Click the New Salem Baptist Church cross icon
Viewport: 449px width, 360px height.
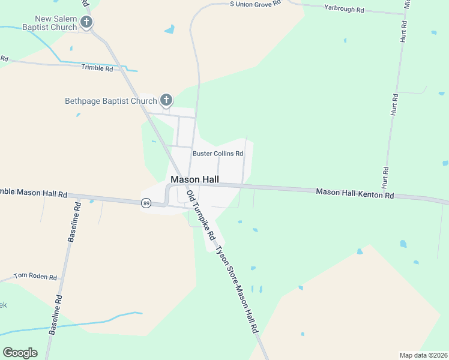[x=86, y=23]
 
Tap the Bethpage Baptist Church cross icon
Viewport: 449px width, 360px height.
[x=166, y=101]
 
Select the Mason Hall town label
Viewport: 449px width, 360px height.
[x=195, y=179]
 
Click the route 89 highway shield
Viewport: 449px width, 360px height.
[x=146, y=203]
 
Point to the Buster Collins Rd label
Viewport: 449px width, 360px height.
[x=218, y=154]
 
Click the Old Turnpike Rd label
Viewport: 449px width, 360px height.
[x=201, y=216]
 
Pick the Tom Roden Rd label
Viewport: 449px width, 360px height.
[x=35, y=277]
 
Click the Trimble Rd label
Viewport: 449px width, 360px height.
[x=97, y=68]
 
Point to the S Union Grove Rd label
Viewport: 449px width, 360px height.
[x=256, y=4]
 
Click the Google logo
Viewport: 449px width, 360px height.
[x=20, y=353]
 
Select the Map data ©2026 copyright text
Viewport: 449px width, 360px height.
[x=424, y=355]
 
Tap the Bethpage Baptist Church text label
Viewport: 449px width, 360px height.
[x=111, y=101]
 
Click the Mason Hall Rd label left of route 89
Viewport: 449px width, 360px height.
[x=33, y=194]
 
